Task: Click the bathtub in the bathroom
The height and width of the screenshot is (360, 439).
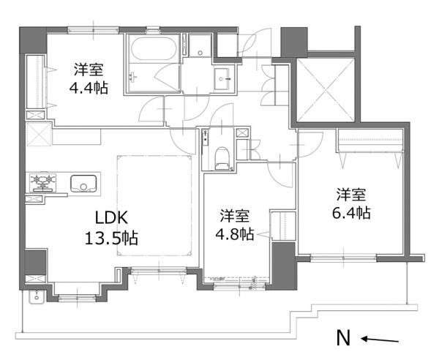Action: coord(154,48)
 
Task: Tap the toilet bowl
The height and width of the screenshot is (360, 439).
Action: coord(222,158)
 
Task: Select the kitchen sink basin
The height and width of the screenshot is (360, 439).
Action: coord(83,184)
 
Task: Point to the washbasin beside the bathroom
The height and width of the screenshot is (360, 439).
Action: coord(223,78)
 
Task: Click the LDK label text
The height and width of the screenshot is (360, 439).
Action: coord(111,217)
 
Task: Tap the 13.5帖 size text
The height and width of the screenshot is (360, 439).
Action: coord(111,239)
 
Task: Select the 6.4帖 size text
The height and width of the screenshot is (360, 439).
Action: coord(352,213)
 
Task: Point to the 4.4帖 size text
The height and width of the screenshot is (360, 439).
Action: coord(89,88)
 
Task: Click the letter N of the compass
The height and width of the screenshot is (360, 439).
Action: coord(343,338)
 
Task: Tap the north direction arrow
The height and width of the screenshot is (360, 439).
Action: coord(380,340)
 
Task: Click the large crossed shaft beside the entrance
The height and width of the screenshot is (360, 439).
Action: coord(326,90)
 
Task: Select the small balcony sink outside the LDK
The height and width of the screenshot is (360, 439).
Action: coord(37,296)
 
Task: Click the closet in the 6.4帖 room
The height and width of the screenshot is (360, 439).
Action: coord(370,140)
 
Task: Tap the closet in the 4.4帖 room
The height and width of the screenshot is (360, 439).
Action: coord(35,82)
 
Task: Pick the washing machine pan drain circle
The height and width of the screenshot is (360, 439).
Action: coord(200,53)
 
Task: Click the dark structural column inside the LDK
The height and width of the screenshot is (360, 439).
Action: coord(35,262)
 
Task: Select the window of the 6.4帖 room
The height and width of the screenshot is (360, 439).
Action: coord(344,258)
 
